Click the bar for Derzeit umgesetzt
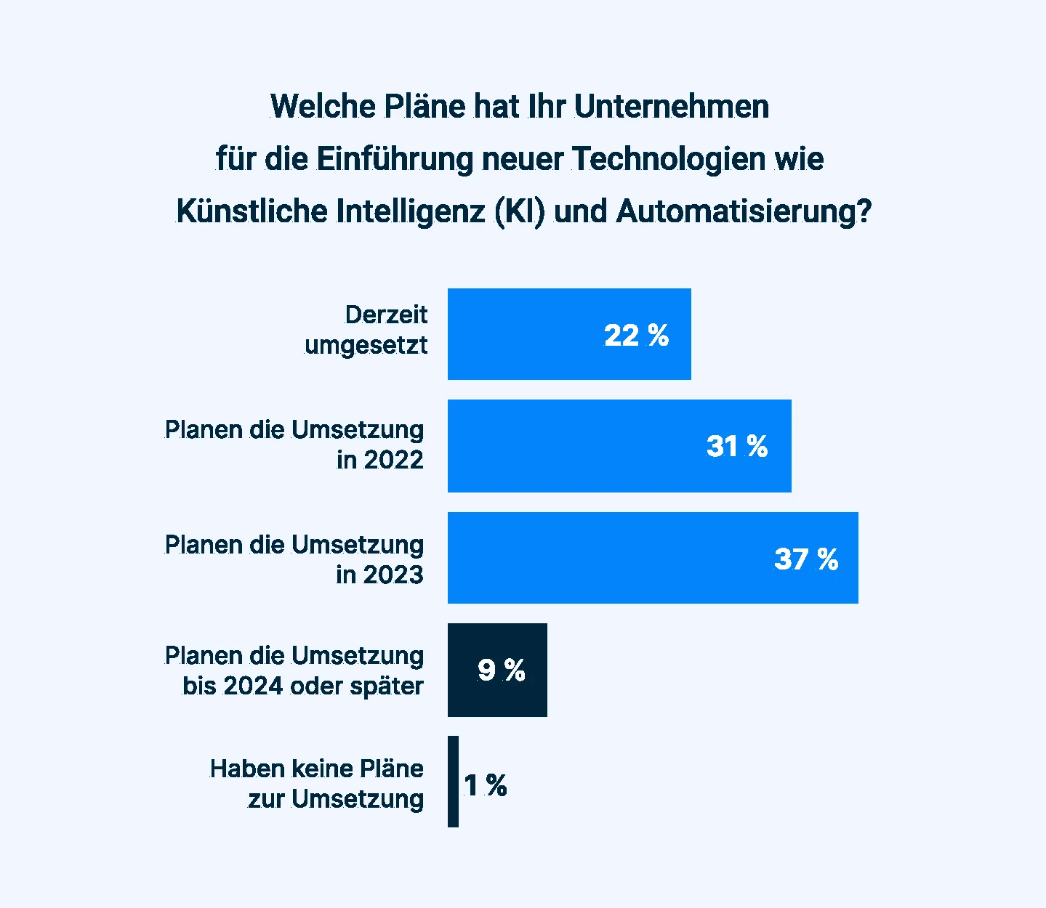pyautogui.click(x=569, y=334)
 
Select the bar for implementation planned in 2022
pyautogui.click(x=619, y=446)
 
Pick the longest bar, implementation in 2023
pyautogui.click(x=653, y=558)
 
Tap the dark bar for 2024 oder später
pyautogui.click(x=497, y=670)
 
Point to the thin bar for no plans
pyautogui.click(x=453, y=782)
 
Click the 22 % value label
pyautogui.click(x=636, y=336)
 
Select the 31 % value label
pyautogui.click(x=736, y=446)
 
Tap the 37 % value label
pyautogui.click(x=805, y=559)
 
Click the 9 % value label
pyautogui.click(x=501, y=670)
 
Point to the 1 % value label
pyautogui.click(x=485, y=785)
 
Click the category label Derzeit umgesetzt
pyautogui.click(x=366, y=330)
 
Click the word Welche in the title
pyautogui.click(x=323, y=106)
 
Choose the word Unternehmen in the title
pyautogui.click(x=671, y=106)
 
